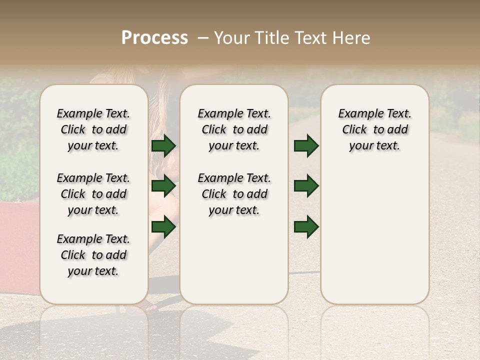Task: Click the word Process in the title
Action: [x=154, y=38]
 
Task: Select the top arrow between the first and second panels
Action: [x=163, y=146]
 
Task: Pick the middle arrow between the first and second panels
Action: [x=163, y=186]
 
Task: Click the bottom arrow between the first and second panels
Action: [x=163, y=227]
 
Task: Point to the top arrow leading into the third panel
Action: [x=306, y=146]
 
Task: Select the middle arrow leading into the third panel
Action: [x=306, y=186]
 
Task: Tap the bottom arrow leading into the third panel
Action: [x=306, y=227]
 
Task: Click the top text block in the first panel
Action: [x=93, y=129]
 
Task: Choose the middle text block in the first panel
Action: [x=93, y=194]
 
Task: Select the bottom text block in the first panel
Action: [x=93, y=255]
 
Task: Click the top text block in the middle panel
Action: [x=234, y=129]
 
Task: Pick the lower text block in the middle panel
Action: [x=234, y=194]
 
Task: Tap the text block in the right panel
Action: [x=375, y=129]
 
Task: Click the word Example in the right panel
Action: [x=356, y=114]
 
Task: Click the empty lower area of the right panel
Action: [x=375, y=235]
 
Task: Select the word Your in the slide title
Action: [x=231, y=38]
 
